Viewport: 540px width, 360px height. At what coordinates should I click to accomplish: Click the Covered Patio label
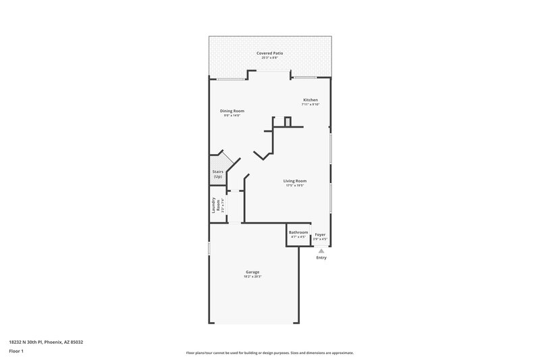(269, 53)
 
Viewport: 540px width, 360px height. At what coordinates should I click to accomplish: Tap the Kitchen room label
(310, 100)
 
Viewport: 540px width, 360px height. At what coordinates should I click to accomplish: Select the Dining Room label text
(232, 111)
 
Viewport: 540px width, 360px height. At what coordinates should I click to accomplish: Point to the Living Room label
(295, 180)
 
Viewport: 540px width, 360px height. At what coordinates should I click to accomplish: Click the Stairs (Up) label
(217, 174)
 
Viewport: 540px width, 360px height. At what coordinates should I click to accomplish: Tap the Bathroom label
(298, 232)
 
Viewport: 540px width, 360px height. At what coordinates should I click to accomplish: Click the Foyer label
(321, 234)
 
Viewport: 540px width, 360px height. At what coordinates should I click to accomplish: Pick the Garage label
(252, 272)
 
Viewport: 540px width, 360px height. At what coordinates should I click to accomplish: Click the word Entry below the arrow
(321, 257)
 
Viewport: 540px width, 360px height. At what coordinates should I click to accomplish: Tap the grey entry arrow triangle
(321, 250)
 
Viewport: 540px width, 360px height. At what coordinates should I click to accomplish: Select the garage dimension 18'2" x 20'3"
(252, 277)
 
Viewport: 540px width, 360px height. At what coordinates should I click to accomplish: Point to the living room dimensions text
(295, 185)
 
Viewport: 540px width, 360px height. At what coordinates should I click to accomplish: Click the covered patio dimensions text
(269, 57)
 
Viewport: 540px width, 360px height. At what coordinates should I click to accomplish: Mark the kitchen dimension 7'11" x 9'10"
(310, 105)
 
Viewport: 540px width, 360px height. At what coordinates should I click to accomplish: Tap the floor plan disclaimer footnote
(269, 353)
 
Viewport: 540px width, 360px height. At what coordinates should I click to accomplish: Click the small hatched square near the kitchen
(288, 122)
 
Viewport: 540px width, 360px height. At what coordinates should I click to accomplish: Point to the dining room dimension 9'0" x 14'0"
(232, 115)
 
